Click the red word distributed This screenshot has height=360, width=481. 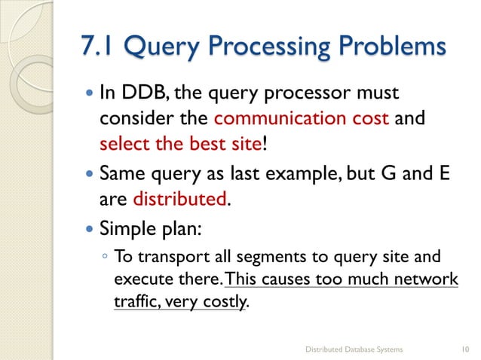tap(180, 199)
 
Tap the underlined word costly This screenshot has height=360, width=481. tap(224, 301)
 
